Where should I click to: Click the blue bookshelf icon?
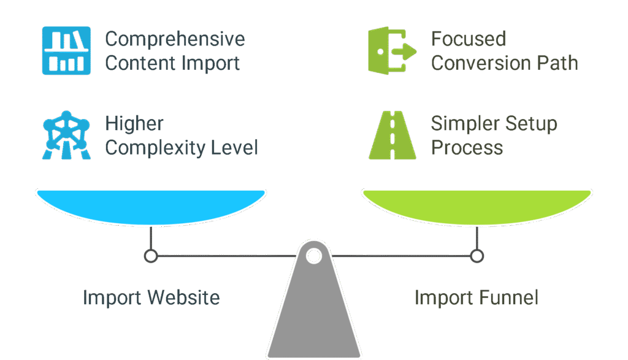click(66, 51)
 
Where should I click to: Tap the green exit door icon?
click(392, 51)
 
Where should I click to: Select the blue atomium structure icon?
click(66, 135)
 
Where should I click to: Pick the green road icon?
click(392, 135)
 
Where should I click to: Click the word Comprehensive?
click(175, 40)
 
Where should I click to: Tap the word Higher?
click(134, 123)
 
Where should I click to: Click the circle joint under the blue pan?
click(151, 256)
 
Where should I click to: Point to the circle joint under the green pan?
click(477, 256)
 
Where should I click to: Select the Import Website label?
click(151, 298)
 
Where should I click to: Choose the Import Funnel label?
click(477, 298)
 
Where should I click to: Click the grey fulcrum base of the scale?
click(314, 313)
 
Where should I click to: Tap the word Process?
click(467, 148)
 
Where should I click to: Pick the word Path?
click(557, 63)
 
